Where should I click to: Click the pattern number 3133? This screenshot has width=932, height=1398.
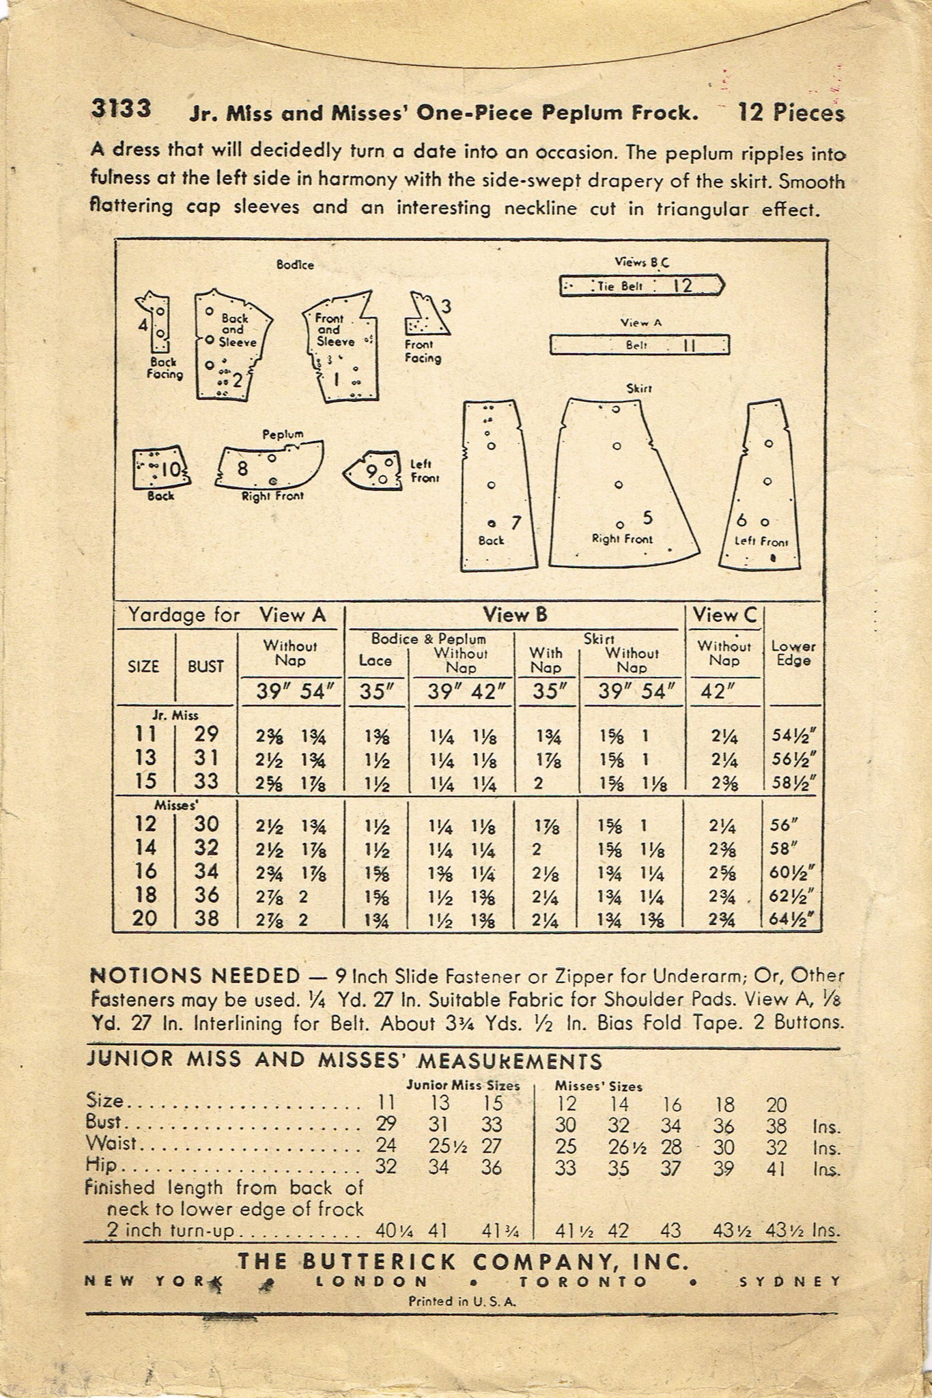point(120,109)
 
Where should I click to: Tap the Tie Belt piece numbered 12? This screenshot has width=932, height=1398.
point(642,285)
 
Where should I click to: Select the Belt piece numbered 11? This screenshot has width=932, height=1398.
point(640,345)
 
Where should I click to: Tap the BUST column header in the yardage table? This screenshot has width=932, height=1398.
point(206,666)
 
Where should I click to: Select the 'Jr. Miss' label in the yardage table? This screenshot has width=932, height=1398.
point(175,715)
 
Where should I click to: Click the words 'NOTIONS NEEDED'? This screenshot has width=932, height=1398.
point(195,976)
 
